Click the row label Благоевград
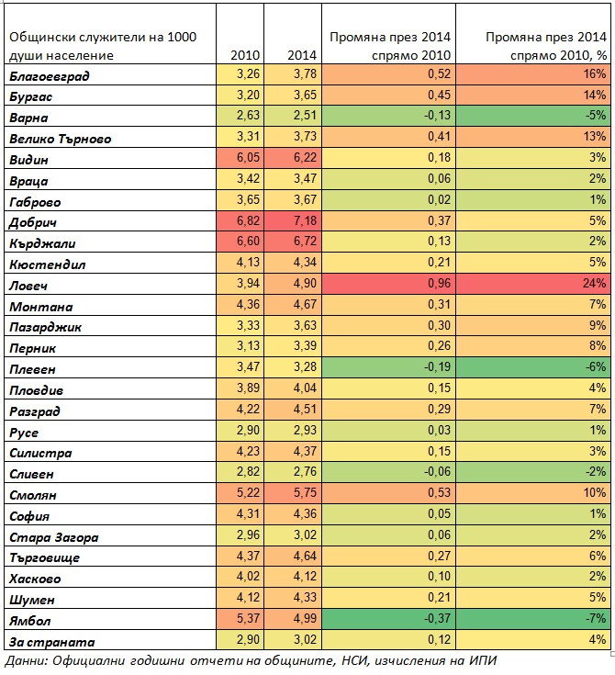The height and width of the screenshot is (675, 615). pyautogui.click(x=50, y=76)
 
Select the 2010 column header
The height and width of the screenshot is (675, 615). pyautogui.click(x=245, y=55)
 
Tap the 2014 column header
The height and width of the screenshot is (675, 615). pyautogui.click(x=302, y=55)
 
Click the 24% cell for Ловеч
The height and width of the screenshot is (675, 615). pyautogui.click(x=594, y=283)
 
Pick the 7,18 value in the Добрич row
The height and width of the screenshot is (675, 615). pyautogui.click(x=305, y=220)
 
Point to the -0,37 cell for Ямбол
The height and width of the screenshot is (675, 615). pyautogui.click(x=437, y=618)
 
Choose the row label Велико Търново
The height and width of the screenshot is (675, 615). pyautogui.click(x=61, y=139)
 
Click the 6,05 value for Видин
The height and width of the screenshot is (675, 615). pyautogui.click(x=248, y=158)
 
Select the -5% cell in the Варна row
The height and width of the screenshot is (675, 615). pyautogui.click(x=595, y=116)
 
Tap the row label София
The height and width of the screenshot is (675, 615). pyautogui.click(x=29, y=516)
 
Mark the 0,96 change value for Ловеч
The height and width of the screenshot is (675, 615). pyautogui.click(x=439, y=283)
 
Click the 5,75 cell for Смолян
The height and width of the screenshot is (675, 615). pyautogui.click(x=305, y=492)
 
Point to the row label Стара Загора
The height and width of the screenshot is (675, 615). pyautogui.click(x=54, y=537)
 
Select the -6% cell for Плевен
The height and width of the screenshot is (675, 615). pyautogui.click(x=595, y=366)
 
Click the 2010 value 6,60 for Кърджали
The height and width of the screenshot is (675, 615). pyautogui.click(x=248, y=241)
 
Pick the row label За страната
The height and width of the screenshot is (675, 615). pyautogui.click(x=51, y=642)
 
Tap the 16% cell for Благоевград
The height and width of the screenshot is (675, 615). pyautogui.click(x=594, y=74)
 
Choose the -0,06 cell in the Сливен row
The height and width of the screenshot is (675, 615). pyautogui.click(x=437, y=472)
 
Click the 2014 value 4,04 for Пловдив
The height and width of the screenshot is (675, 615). pyautogui.click(x=305, y=388)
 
